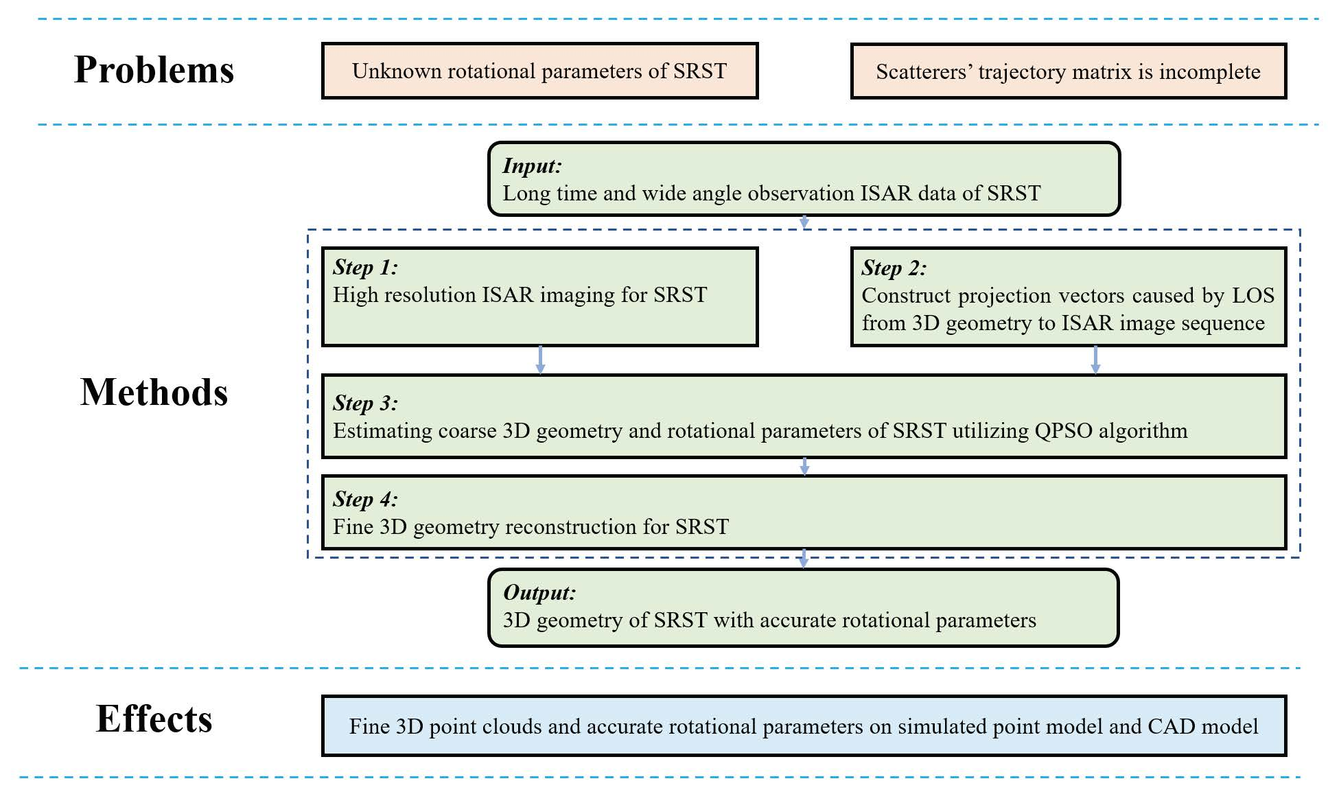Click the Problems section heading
[154, 70]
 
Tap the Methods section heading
[154, 393]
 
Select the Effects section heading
[154, 719]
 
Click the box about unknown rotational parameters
[539, 71]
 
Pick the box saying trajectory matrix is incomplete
[1068, 71]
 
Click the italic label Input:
[532, 165]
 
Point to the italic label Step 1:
[365, 267]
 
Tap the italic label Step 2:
[894, 268]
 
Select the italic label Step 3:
[365, 403]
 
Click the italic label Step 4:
[365, 499]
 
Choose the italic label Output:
[539, 592]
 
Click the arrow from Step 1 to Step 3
[540, 360]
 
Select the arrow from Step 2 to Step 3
[1095, 360]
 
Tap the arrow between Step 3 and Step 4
[804, 467]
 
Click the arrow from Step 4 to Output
[804, 559]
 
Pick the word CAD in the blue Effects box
[1172, 727]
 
